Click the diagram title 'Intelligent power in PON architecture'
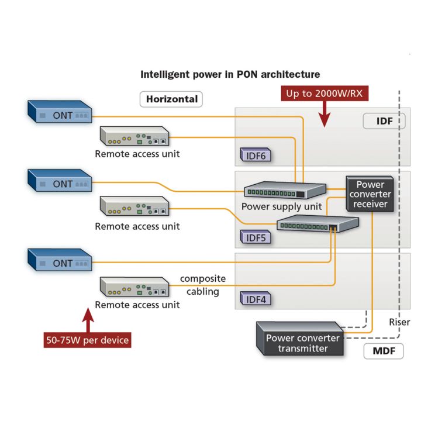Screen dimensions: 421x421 tap(230, 74)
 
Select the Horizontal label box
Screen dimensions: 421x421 tap(171, 99)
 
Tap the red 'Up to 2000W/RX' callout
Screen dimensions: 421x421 tap(326, 94)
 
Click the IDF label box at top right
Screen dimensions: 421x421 tap(384, 121)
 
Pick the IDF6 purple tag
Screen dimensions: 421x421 tap(256, 156)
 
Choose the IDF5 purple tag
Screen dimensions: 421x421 tap(256, 237)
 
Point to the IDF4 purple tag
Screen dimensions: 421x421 tap(256, 299)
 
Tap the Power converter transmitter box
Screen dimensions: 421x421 tap(302, 343)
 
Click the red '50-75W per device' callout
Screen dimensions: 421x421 tap(87, 340)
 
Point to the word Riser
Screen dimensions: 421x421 tap(399, 322)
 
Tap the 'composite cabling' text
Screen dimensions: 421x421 tap(202, 285)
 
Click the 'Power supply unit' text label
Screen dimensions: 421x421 tap(281, 206)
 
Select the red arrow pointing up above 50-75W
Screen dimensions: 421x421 tap(87, 320)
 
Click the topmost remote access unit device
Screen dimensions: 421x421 tap(135, 136)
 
